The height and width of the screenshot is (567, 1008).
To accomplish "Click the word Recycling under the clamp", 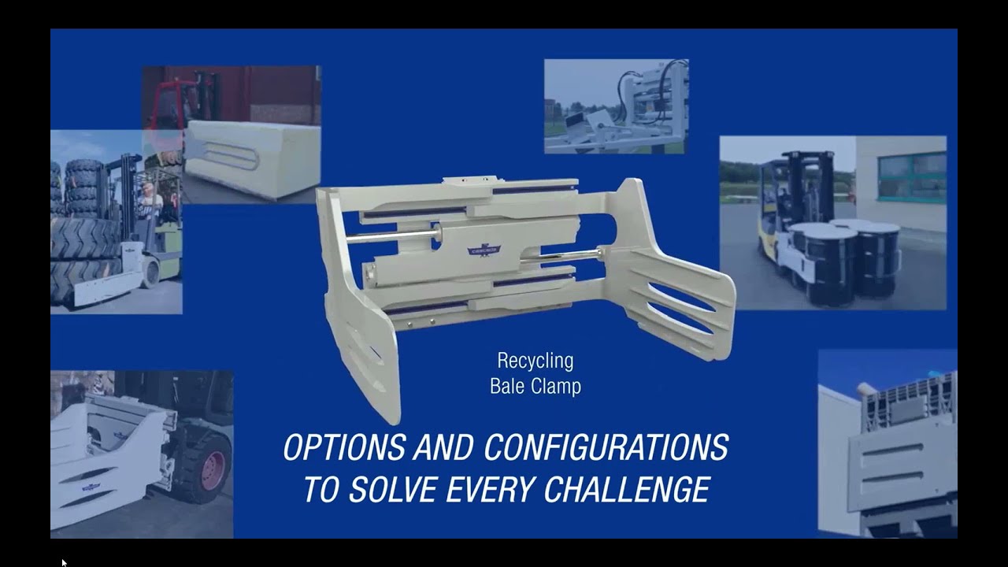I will (535, 361).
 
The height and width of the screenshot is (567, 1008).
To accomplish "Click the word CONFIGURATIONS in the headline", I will (606, 447).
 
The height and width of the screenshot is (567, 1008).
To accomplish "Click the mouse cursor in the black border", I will (64, 562).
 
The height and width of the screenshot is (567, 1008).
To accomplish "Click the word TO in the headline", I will (321, 489).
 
